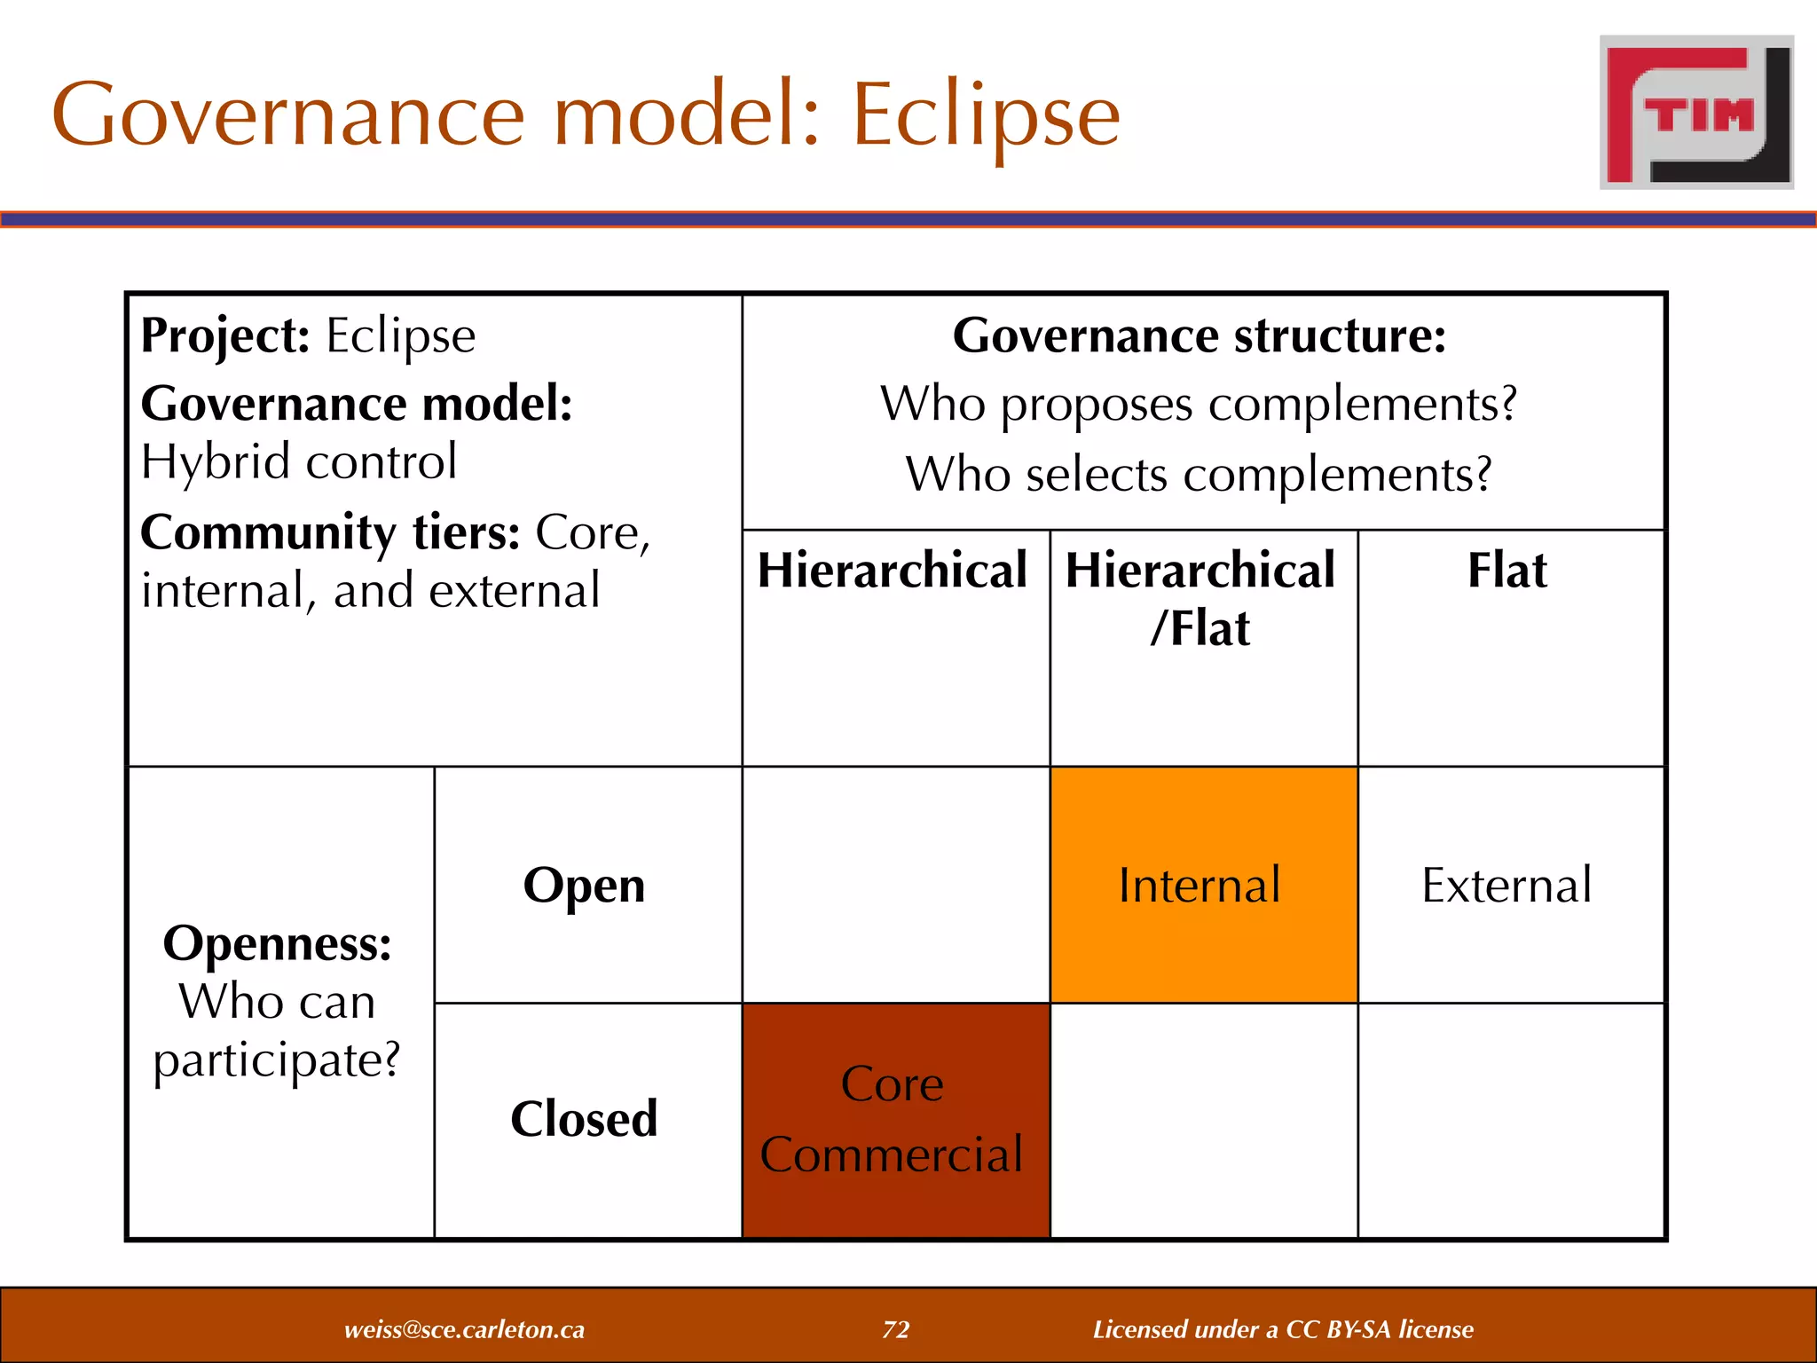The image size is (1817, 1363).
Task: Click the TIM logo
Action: pyautogui.click(x=1696, y=113)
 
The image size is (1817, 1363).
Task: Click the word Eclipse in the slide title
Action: pyautogui.click(x=986, y=115)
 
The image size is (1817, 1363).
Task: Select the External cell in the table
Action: pyautogui.click(x=1506, y=885)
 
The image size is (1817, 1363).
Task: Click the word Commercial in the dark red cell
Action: pyautogui.click(x=892, y=1154)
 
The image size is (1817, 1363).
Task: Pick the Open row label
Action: pyautogui.click(x=584, y=885)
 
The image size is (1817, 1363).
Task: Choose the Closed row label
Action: pyautogui.click(x=584, y=1119)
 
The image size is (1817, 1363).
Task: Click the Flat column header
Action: pyautogui.click(x=1506, y=570)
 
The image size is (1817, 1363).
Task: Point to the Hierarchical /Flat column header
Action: pyautogui.click(x=1200, y=598)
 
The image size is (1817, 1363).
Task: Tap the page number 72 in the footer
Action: pyautogui.click(x=896, y=1329)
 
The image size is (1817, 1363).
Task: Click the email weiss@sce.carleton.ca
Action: pyautogui.click(x=464, y=1329)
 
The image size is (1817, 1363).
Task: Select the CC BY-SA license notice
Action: pyautogui.click(x=1283, y=1329)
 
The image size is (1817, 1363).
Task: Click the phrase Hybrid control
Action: pyautogui.click(x=299, y=461)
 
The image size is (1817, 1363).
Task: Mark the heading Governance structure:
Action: pyautogui.click(x=1200, y=335)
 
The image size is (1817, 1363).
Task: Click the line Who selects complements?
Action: pyautogui.click(x=1200, y=474)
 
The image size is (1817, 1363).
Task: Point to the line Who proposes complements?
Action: pyautogui.click(x=1200, y=404)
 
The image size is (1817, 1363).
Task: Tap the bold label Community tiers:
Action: pyautogui.click(x=330, y=532)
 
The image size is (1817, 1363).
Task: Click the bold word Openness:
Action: pyautogui.click(x=277, y=942)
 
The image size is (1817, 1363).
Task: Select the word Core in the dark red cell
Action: pyautogui.click(x=892, y=1083)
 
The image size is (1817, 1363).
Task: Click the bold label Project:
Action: pyautogui.click(x=225, y=335)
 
